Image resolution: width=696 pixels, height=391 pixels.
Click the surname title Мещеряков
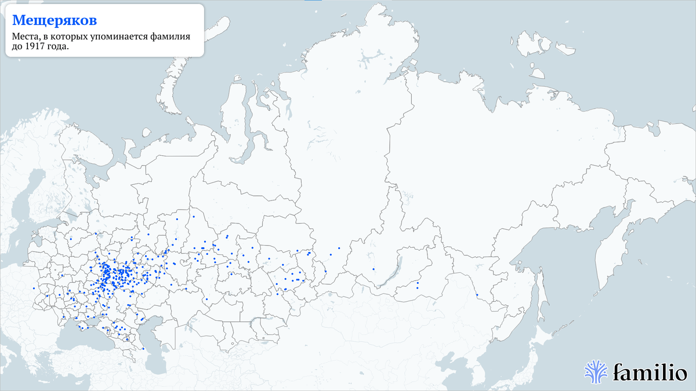pyautogui.click(x=55, y=20)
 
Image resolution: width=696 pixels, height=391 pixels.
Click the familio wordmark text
pyautogui.click(x=650, y=371)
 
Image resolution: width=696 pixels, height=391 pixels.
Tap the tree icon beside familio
pyautogui.click(x=596, y=371)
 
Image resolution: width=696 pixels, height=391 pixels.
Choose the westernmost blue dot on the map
pyautogui.click(x=34, y=288)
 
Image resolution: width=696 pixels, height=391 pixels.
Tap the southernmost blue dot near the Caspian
pyautogui.click(x=143, y=348)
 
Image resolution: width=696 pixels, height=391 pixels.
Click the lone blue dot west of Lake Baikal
pyautogui.click(x=374, y=269)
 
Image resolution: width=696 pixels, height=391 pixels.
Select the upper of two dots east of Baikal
pyautogui.click(x=418, y=283)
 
